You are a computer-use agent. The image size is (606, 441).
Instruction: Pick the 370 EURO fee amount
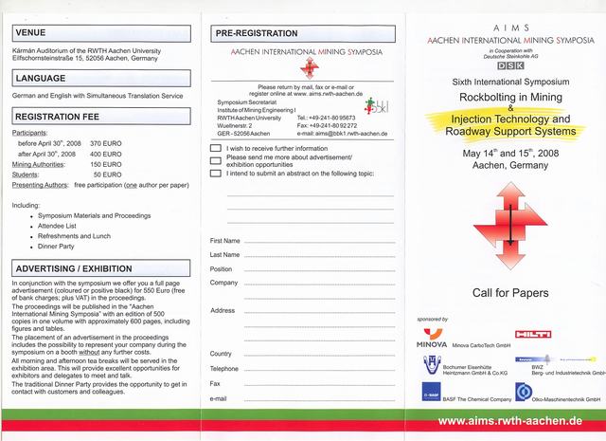[x=109, y=143]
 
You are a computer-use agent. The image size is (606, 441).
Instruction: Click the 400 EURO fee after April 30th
[x=109, y=153]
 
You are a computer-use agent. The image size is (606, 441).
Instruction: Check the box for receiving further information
[x=216, y=150]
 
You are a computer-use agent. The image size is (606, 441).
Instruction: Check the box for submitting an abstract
[x=216, y=174]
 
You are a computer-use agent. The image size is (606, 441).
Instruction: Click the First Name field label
[x=225, y=241]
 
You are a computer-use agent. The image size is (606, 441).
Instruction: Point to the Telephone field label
[x=224, y=368]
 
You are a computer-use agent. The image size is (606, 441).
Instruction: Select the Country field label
[x=221, y=354]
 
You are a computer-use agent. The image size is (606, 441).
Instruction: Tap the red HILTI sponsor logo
[x=528, y=335]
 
